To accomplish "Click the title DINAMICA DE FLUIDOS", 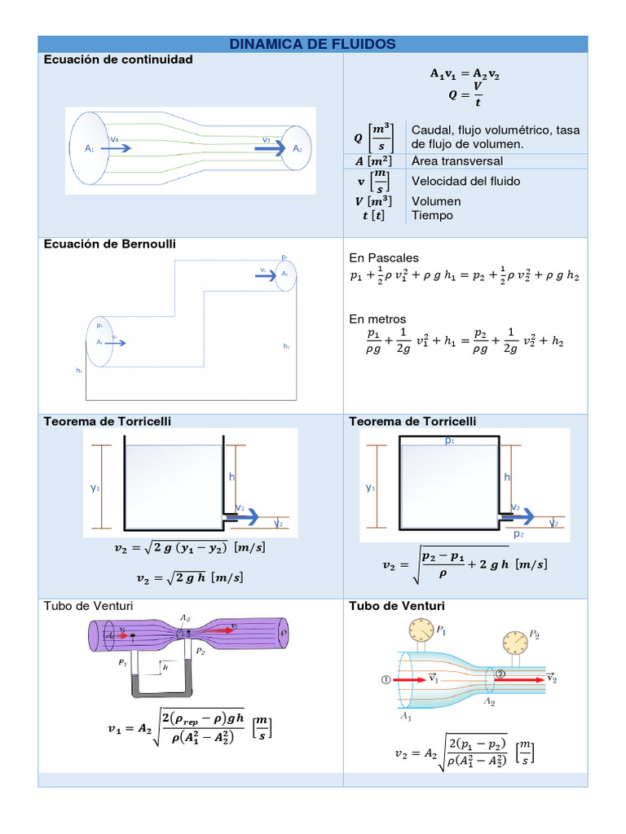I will point(313,44).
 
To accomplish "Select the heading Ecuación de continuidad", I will point(117,59).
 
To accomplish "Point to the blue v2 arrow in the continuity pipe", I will point(274,148).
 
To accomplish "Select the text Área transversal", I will point(457,161).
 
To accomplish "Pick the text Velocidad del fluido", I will point(465,181).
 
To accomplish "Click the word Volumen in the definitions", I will point(436,201).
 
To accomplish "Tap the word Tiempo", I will point(432,216).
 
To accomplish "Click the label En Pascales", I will point(383,258).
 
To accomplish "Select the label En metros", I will point(377,319).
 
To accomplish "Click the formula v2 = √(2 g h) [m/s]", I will point(190,577).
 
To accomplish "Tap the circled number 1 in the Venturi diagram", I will point(386,678).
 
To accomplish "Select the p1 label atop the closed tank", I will point(449,441).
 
